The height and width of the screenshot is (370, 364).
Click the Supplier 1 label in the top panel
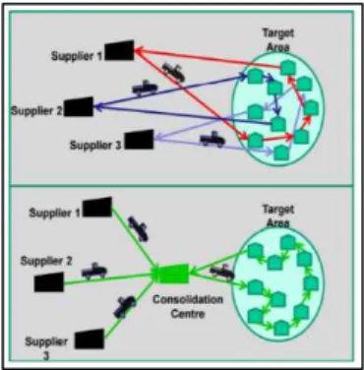tap(77, 56)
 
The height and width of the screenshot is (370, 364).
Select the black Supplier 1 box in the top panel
tap(119, 50)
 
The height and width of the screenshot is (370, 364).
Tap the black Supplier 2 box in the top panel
tap(79, 106)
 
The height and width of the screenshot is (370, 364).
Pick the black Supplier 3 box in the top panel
tap(139, 140)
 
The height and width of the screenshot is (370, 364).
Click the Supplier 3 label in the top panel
tap(95, 145)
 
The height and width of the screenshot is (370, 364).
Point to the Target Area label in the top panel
tap(278, 40)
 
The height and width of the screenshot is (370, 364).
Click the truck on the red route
tap(173, 72)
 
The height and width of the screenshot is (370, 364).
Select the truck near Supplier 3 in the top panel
tap(212, 140)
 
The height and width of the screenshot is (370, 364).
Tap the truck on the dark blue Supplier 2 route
tap(145, 88)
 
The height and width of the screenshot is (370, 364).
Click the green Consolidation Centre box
tap(173, 274)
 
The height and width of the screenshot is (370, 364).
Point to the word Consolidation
tap(188, 299)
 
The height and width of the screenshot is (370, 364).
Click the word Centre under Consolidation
tap(188, 314)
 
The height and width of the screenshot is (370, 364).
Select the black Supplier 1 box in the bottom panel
tap(97, 207)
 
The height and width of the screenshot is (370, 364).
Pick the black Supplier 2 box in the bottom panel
tap(49, 282)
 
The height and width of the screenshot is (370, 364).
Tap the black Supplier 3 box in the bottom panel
tap(90, 339)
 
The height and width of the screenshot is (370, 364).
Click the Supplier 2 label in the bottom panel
tap(46, 261)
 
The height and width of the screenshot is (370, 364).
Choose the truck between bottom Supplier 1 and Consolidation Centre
tap(138, 229)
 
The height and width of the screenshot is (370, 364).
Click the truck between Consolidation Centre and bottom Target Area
tap(222, 273)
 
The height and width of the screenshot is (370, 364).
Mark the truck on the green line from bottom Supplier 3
tap(125, 307)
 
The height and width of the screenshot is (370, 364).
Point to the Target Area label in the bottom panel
tap(278, 216)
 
